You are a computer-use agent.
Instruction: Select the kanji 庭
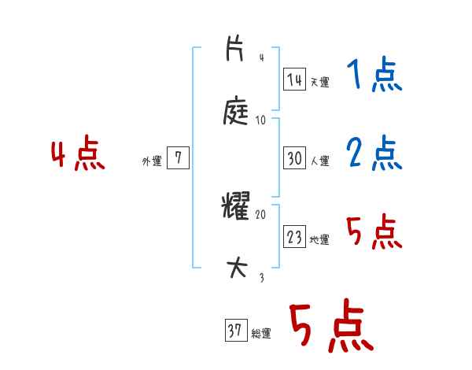click(x=236, y=112)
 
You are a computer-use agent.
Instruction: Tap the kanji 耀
click(x=236, y=207)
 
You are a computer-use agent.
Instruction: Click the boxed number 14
click(x=294, y=80)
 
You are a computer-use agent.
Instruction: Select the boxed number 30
click(x=294, y=159)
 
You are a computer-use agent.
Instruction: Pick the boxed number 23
click(x=294, y=238)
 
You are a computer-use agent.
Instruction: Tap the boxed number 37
click(x=234, y=331)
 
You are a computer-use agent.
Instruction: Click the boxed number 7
click(x=178, y=159)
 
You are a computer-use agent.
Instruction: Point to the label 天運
click(x=320, y=82)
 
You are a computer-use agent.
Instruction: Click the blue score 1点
click(x=374, y=76)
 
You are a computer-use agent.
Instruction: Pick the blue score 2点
click(x=374, y=154)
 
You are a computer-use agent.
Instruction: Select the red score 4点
click(x=78, y=155)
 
